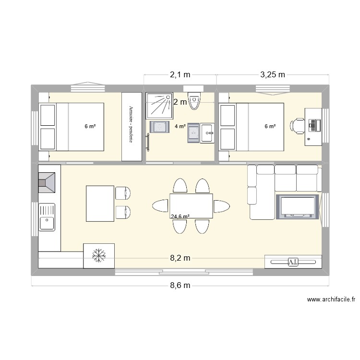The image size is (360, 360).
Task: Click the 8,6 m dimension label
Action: coord(180,286)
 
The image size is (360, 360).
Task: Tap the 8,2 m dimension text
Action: coord(180,258)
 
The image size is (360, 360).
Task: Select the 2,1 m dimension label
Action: coord(180,74)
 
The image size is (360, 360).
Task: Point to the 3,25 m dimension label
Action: coord(273,74)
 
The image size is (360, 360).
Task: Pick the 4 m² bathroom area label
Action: coord(180,127)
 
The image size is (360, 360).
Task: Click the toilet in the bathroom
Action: coord(194,99)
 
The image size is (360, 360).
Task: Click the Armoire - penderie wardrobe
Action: coord(132,126)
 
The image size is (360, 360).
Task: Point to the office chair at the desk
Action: coord(297,125)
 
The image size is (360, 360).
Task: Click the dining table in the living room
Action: coord(191,206)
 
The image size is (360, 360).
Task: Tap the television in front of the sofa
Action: coord(298,206)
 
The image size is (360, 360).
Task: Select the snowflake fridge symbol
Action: coord(99,255)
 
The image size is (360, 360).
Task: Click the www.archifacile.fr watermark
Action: coord(331,300)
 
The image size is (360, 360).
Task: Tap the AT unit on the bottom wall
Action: coord(292,262)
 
